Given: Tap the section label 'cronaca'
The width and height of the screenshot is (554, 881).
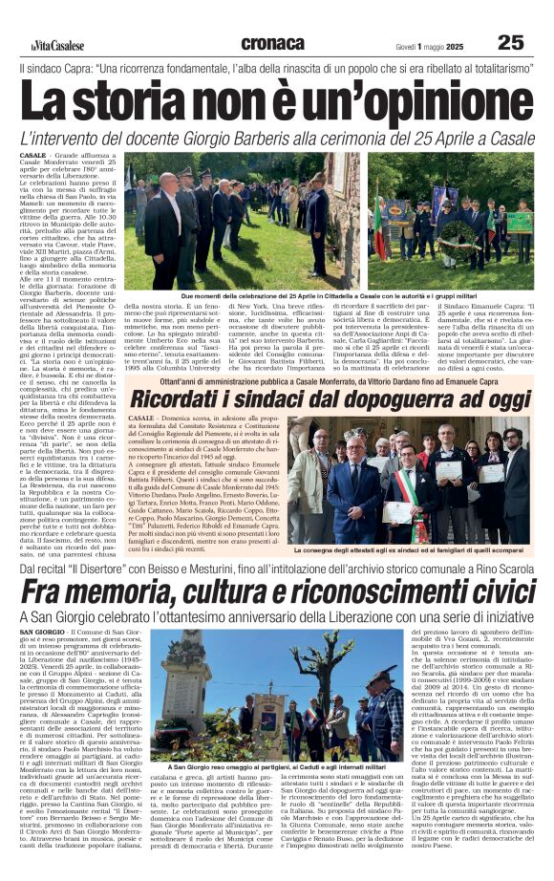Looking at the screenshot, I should click(273, 43).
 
